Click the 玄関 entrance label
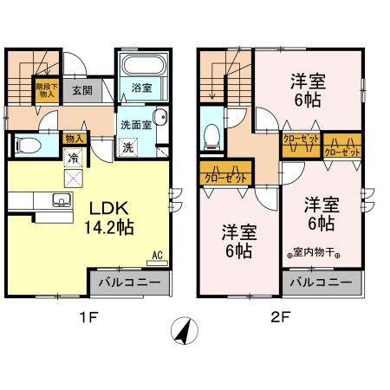pos(81,89)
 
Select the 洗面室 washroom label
pos(135,123)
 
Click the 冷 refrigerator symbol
pos(74,159)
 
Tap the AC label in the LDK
pos(158,255)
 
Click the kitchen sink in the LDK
pos(61,203)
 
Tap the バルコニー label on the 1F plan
pos(126,283)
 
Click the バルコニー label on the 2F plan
pos(320,283)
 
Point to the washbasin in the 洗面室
pos(159,120)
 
